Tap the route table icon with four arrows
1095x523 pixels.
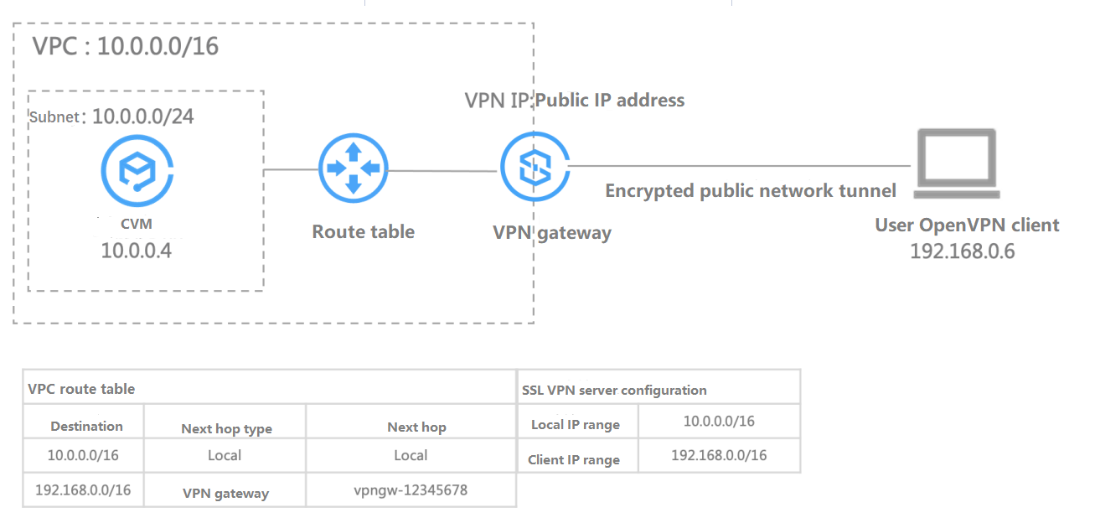point(353,168)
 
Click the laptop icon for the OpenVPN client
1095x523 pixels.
point(956,164)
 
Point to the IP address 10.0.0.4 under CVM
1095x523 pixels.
point(137,250)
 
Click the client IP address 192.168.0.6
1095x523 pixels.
point(962,251)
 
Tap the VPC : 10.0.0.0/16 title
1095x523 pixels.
point(125,46)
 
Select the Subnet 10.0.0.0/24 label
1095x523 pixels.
point(112,117)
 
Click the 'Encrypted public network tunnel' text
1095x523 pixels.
point(751,191)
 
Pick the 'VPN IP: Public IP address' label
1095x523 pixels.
point(575,101)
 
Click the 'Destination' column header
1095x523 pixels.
point(86,427)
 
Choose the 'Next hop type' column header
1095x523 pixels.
point(226,428)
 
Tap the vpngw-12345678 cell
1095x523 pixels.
point(411,490)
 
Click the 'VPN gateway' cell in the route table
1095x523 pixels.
point(225,493)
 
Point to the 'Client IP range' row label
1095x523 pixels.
point(574,459)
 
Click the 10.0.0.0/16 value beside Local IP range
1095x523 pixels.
point(719,422)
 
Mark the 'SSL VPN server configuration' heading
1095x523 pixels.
point(614,390)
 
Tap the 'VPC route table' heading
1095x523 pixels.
point(81,389)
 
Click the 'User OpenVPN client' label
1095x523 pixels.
point(967,225)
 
